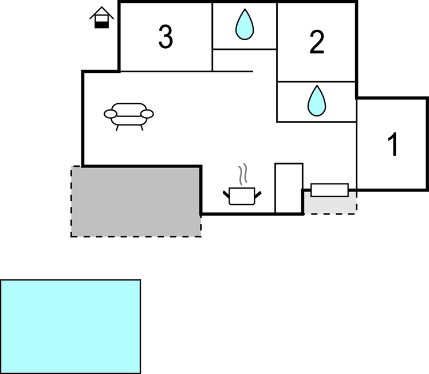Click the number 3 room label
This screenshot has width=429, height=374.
coord(166,37)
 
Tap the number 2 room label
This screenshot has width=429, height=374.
coord(317,42)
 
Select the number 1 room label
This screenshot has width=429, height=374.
coord(392,145)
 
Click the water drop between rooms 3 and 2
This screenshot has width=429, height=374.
coord(245,25)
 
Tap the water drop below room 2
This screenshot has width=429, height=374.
coord(317,100)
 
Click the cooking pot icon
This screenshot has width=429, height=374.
coord(242,196)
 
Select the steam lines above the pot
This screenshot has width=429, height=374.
coord(243,174)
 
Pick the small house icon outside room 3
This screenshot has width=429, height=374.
coord(101,18)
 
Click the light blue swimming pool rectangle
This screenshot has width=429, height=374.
coord(70,326)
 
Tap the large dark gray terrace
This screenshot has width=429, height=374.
coord(136,202)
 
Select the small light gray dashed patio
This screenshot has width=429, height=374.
coord(330,202)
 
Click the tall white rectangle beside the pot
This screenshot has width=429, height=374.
coord(289,188)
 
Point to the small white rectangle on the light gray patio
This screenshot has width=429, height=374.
coord(330,190)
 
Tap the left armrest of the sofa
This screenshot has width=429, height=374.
coord(111,114)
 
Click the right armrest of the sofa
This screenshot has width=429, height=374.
coord(147,114)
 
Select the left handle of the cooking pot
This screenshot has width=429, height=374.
coord(226,194)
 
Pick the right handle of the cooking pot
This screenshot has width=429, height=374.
coord(258,194)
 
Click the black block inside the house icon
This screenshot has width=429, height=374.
coord(101,25)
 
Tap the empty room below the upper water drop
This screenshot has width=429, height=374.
coord(245,60)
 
